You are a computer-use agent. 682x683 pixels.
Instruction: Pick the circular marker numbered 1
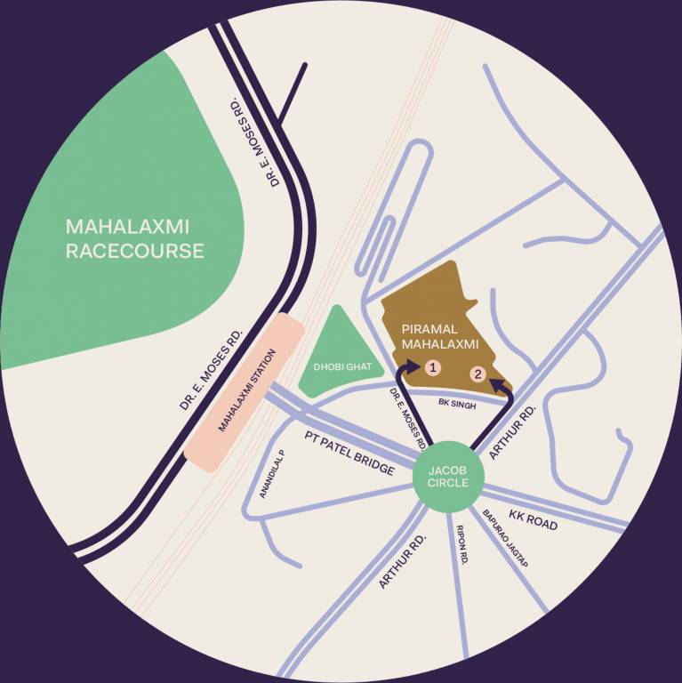click(433, 366)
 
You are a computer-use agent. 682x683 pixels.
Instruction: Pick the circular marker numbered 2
click(477, 374)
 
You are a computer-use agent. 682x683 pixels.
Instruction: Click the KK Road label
click(533, 519)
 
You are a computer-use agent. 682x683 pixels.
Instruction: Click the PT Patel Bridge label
click(349, 452)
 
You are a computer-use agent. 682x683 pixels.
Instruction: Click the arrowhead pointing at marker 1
click(410, 366)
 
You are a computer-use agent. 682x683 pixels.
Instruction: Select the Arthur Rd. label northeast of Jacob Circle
click(514, 432)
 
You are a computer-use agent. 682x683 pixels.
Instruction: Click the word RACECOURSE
click(134, 251)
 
